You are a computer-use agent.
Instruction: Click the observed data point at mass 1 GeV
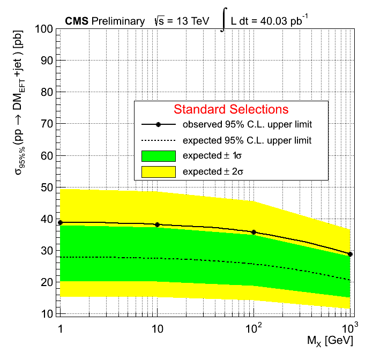click(61, 222)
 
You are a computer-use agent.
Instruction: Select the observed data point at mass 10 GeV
click(157, 224)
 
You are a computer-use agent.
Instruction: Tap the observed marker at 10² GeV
click(253, 232)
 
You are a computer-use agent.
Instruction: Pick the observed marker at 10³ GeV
click(350, 254)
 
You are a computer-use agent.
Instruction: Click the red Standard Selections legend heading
click(231, 109)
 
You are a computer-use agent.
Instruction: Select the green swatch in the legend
click(159, 156)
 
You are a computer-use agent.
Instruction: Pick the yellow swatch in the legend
click(159, 172)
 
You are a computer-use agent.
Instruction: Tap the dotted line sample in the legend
click(159, 140)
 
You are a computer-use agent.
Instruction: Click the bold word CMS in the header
click(77, 21)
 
